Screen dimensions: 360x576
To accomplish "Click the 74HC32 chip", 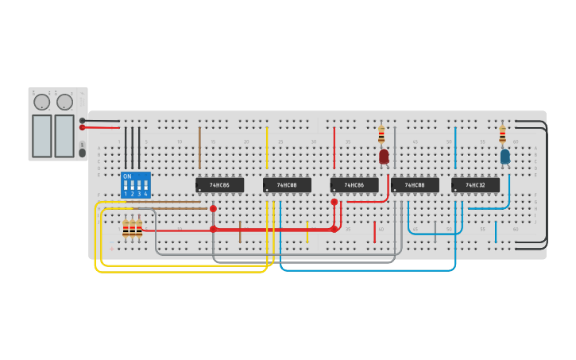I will (475, 185).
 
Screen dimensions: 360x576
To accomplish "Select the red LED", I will (384, 157).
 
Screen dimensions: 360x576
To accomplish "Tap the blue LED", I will (504, 157).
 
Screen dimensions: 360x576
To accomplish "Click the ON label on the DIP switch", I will (127, 176).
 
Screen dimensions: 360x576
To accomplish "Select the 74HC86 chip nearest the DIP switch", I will (220, 185).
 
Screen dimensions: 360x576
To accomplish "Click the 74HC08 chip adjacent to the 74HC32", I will (415, 185).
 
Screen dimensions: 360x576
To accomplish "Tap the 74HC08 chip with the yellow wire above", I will (287, 185).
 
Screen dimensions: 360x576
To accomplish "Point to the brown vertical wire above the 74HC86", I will (199, 147).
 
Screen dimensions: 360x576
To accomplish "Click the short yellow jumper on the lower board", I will (307, 231).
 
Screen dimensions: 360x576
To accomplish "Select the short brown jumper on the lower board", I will (240, 231).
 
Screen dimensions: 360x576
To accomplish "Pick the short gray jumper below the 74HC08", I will (435, 231).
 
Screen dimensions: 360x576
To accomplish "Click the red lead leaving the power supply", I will (101, 127).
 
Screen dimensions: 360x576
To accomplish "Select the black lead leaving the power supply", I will (101, 121).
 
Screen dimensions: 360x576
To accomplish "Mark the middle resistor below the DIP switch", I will (132, 229).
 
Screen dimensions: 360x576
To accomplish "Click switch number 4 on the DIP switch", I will (145, 187).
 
